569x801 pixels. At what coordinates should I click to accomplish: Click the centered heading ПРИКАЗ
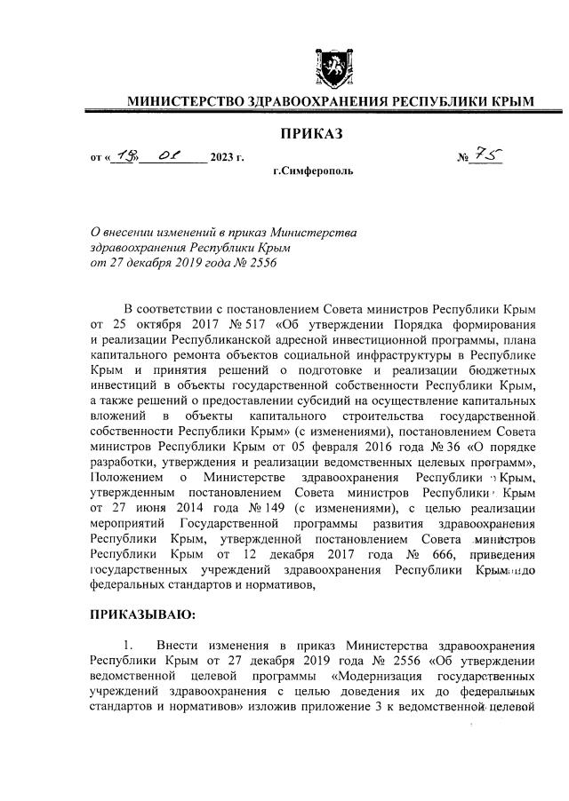(x=311, y=134)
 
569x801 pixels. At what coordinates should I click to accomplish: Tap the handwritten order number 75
(x=487, y=156)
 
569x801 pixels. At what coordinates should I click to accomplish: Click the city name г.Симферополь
(x=312, y=169)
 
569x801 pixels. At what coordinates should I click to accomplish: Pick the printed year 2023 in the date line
(x=223, y=159)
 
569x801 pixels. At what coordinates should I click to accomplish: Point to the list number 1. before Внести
(x=129, y=644)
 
